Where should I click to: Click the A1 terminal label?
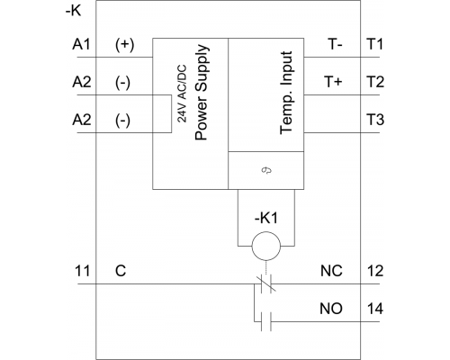click(x=81, y=45)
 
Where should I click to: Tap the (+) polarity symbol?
click(x=124, y=45)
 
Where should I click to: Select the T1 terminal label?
click(x=375, y=45)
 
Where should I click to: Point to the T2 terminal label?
click(x=375, y=82)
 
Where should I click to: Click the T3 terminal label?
click(x=375, y=120)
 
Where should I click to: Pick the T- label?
click(x=336, y=45)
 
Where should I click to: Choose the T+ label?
click(x=333, y=82)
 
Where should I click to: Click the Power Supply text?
click(x=201, y=93)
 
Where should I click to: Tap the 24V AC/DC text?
click(x=182, y=94)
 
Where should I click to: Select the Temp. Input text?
click(x=286, y=93)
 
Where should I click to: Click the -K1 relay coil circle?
click(x=266, y=246)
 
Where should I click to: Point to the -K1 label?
click(x=266, y=218)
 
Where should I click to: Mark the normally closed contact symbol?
click(x=266, y=283)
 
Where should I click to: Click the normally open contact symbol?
click(x=266, y=321)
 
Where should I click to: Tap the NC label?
click(x=331, y=271)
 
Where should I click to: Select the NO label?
click(x=331, y=309)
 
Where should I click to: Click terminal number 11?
click(x=82, y=271)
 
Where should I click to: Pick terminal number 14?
click(x=375, y=309)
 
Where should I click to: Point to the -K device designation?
click(x=74, y=12)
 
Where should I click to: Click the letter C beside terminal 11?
click(x=121, y=271)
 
